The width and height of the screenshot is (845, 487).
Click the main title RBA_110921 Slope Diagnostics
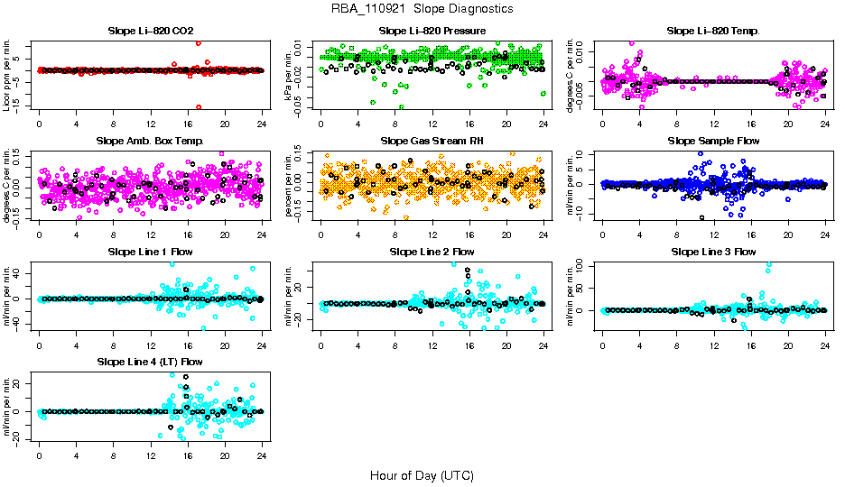(422, 8)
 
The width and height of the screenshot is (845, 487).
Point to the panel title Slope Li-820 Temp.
(713, 31)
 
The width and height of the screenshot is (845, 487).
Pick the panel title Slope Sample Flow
(713, 141)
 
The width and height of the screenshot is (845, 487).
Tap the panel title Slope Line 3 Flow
(713, 251)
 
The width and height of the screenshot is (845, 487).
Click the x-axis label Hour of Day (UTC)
(422, 474)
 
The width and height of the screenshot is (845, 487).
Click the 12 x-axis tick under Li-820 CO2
(151, 124)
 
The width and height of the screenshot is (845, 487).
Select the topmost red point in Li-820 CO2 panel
(198, 43)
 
